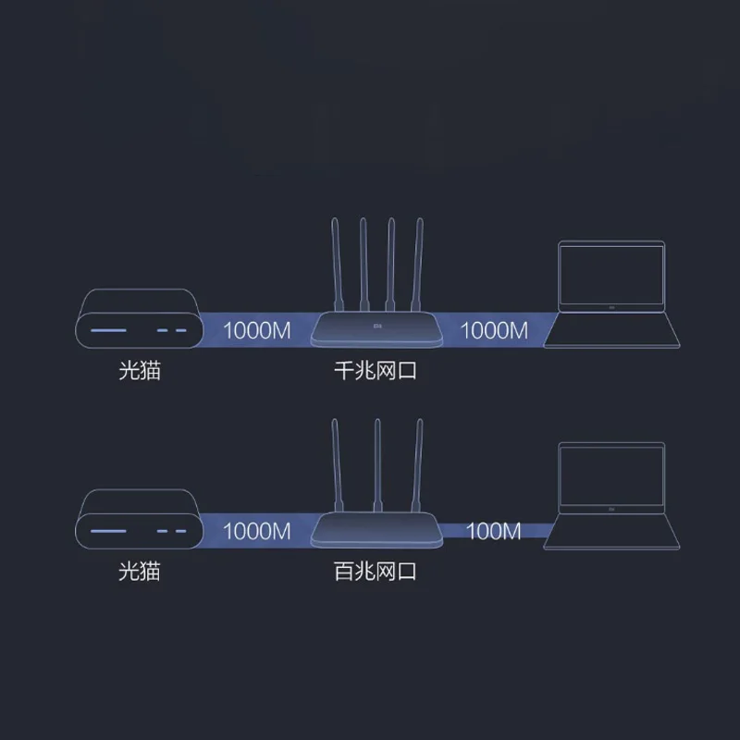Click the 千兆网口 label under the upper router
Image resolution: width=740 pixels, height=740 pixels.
pyautogui.click(x=375, y=373)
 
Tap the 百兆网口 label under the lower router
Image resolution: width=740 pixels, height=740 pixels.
pyautogui.click(x=375, y=571)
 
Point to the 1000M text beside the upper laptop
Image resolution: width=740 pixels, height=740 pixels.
pyautogui.click(x=494, y=330)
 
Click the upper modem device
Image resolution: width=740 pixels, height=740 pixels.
pyautogui.click(x=138, y=320)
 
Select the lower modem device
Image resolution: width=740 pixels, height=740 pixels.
pyautogui.click(x=138, y=521)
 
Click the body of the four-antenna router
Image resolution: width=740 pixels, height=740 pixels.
pyautogui.click(x=375, y=328)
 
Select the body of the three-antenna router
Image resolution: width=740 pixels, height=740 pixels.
pyautogui.click(x=375, y=530)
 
